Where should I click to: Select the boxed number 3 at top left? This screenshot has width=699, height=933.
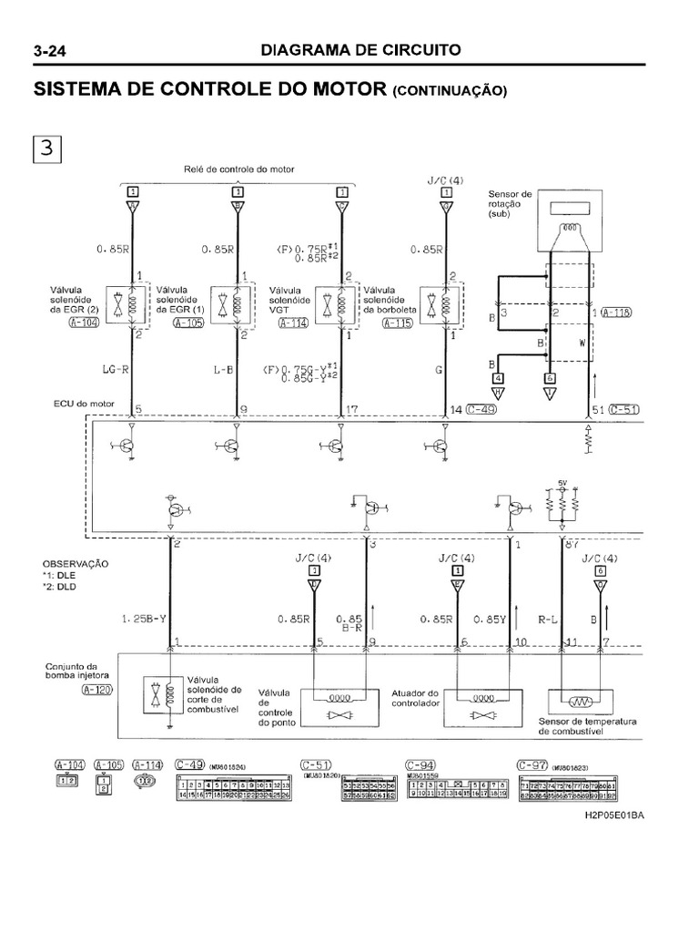(46, 148)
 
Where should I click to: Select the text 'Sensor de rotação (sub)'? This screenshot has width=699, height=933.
(512, 205)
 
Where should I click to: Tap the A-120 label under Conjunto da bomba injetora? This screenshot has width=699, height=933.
(63, 690)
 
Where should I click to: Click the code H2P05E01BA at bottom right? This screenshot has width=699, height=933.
(614, 815)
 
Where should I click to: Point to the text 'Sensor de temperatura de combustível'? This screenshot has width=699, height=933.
(587, 725)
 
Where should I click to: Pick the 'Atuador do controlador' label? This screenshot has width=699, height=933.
(416, 698)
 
